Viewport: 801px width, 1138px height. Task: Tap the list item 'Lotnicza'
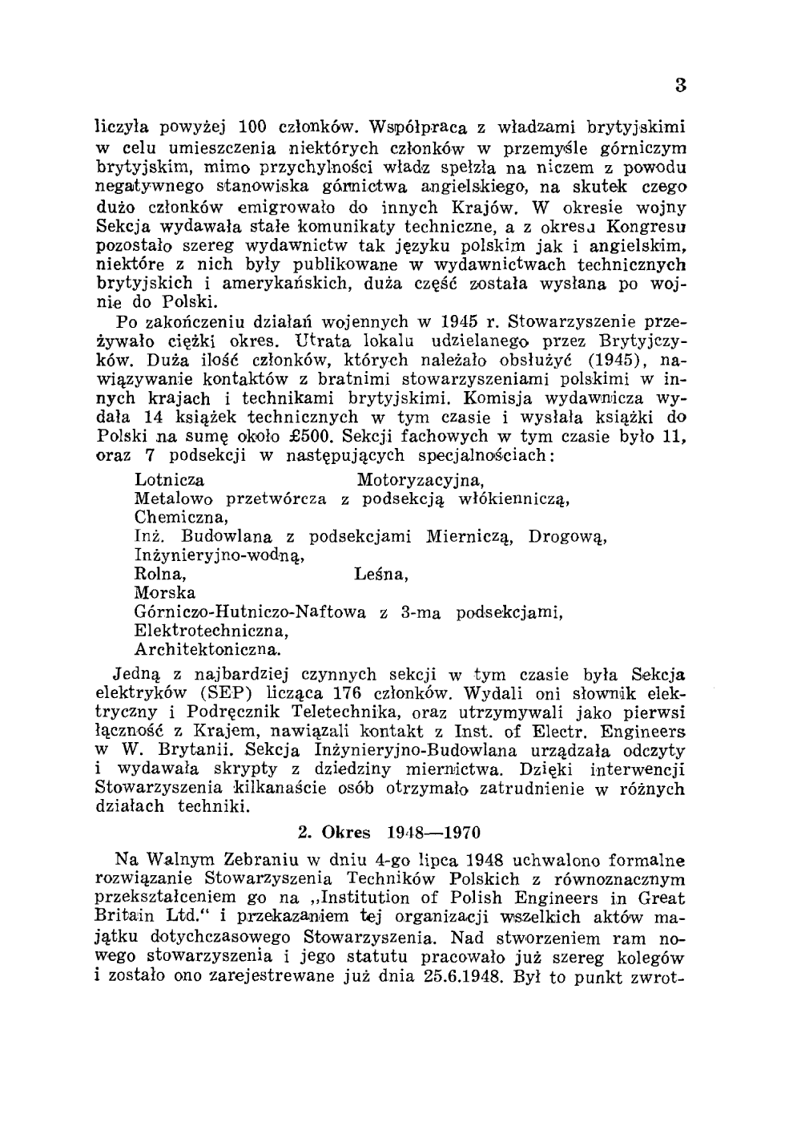169,480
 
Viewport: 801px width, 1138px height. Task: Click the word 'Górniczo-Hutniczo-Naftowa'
251,611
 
